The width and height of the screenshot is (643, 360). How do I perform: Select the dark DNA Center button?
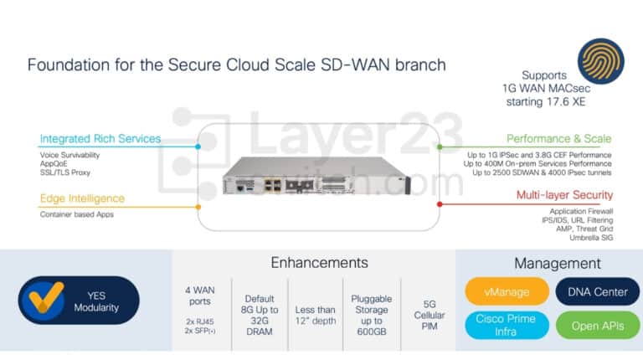click(597, 291)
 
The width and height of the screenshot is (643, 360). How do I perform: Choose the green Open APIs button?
click(597, 326)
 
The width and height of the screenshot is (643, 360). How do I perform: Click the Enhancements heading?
click(319, 263)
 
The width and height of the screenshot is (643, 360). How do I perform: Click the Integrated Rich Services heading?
click(100, 139)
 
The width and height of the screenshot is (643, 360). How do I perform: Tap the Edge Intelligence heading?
click(82, 198)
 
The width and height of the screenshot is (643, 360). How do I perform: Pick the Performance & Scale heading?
click(558, 139)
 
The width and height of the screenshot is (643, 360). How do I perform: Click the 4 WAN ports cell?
click(200, 306)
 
